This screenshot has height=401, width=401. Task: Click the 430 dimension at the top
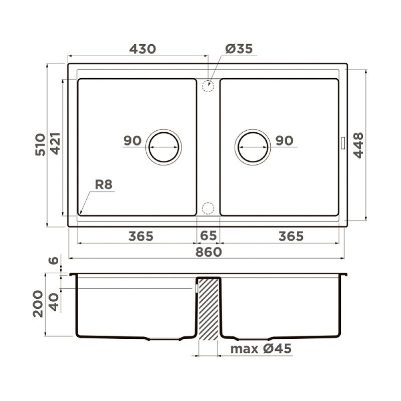click(142, 49)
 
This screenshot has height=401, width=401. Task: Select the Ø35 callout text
click(239, 49)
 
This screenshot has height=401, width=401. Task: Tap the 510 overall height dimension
click(41, 144)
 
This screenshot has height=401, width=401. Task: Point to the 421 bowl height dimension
click(56, 143)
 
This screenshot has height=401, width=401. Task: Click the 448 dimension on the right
click(358, 145)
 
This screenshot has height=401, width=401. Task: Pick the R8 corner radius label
click(104, 184)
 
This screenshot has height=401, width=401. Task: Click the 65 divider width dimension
click(208, 236)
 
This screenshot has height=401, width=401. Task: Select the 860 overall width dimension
click(209, 252)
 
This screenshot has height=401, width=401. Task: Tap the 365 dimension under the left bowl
click(141, 236)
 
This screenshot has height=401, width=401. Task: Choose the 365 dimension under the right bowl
click(291, 236)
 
